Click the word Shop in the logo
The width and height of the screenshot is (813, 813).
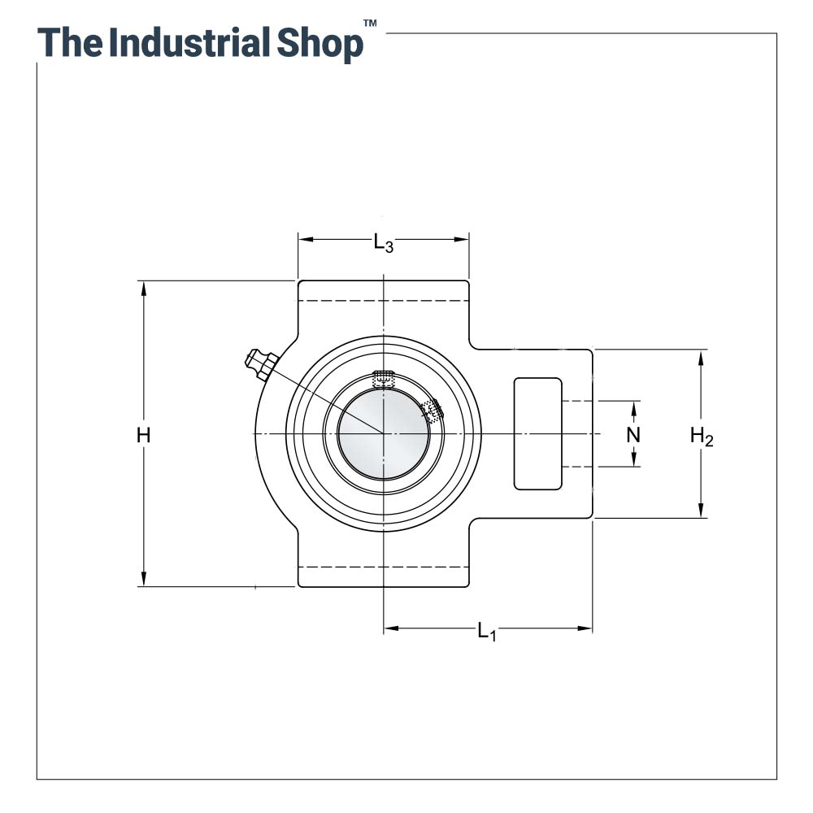click(x=320, y=44)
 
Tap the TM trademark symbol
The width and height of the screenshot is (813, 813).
click(x=370, y=23)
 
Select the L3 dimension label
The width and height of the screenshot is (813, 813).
click(x=384, y=242)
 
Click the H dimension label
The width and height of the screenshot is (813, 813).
click(x=144, y=435)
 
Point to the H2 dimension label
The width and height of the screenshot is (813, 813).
click(x=702, y=437)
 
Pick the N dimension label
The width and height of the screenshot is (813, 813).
click(x=633, y=435)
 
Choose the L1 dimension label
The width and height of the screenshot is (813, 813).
click(x=487, y=632)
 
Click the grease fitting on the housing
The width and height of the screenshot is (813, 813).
click(x=261, y=364)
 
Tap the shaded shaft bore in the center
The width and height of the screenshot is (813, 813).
click(x=383, y=434)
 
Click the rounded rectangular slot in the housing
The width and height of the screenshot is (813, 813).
click(x=537, y=433)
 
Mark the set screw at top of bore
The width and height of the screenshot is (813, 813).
click(x=383, y=380)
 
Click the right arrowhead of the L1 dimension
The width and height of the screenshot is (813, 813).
click(x=584, y=629)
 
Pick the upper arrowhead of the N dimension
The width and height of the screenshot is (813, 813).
click(x=633, y=409)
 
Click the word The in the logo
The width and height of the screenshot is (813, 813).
click(x=68, y=42)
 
